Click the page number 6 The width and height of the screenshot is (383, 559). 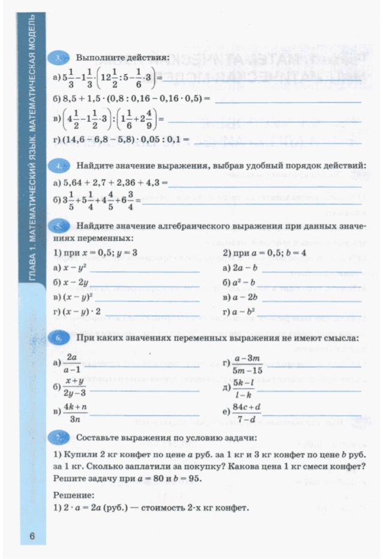[x=34, y=536]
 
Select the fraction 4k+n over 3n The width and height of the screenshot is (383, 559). [x=75, y=413]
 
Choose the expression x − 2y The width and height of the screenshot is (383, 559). [x=77, y=282]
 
